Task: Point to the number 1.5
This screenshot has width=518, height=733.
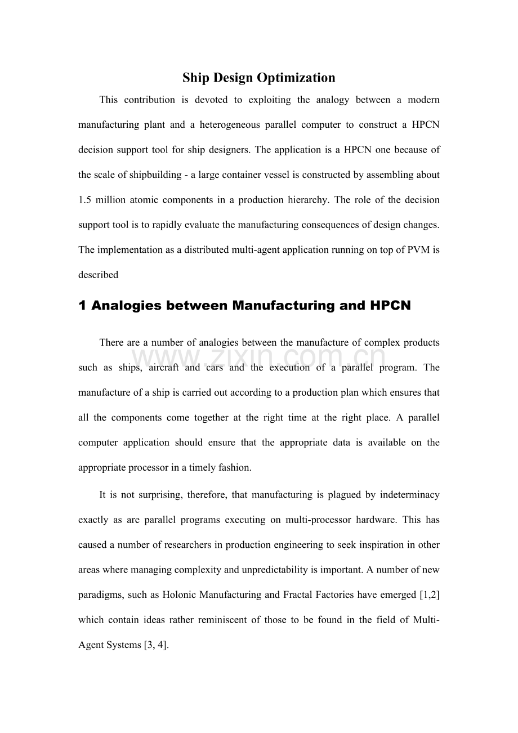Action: [x=86, y=200]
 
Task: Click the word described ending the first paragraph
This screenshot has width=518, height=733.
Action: [x=98, y=275]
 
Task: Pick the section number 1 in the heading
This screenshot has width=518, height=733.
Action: [x=82, y=306]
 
